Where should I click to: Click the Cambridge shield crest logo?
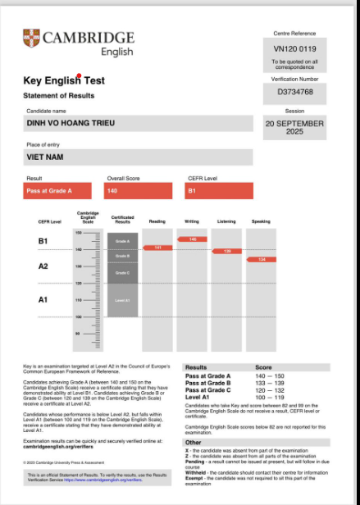coord(32,38)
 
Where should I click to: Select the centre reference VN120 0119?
coord(294,48)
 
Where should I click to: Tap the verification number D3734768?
coord(294,92)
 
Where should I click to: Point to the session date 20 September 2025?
coord(294,128)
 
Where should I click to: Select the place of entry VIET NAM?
coord(45,157)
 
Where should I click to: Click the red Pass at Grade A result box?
coord(61,191)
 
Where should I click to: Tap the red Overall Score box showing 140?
coord(138,191)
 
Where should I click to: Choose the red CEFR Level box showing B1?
coord(219,191)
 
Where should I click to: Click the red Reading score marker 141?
coord(157,247)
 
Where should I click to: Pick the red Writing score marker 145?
coord(192,239)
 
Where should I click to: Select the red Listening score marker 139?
coord(227,251)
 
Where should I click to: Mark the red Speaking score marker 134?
coord(262,259)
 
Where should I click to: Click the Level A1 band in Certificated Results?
coord(123,301)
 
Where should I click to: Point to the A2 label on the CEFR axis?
coord(43,266)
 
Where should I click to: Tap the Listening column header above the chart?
coord(226,221)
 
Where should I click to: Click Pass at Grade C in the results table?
coord(208,390)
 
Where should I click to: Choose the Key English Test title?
coord(64,81)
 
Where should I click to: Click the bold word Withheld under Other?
coord(197,472)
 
